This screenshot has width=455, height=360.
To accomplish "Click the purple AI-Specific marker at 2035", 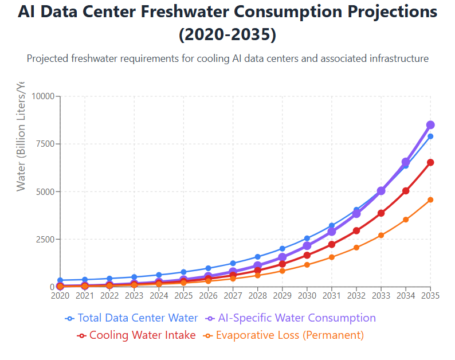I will pyautogui.click(x=430, y=125).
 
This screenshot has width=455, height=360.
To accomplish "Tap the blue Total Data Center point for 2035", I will pyautogui.click(x=430, y=136).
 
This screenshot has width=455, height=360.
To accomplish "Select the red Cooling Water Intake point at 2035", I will pyautogui.click(x=430, y=162).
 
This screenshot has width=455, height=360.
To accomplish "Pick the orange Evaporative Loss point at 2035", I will pyautogui.click(x=430, y=199).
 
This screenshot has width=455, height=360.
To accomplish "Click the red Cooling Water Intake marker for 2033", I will pyautogui.click(x=381, y=213).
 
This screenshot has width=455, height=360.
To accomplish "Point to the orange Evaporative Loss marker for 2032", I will pyautogui.click(x=356, y=248).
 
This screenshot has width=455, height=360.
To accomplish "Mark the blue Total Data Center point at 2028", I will pyautogui.click(x=258, y=257).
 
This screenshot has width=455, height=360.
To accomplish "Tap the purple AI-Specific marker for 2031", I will pyautogui.click(x=332, y=232).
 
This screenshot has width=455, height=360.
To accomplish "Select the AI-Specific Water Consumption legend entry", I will pyautogui.click(x=291, y=318).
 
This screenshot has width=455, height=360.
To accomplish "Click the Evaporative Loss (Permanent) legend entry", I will pyautogui.click(x=284, y=335).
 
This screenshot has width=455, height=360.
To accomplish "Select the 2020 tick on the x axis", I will pyautogui.click(x=60, y=296).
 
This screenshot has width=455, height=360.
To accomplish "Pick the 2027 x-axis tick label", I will pyautogui.click(x=233, y=296).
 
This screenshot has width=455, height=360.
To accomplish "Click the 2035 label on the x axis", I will pyautogui.click(x=430, y=296).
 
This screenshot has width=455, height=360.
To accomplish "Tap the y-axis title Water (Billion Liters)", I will pyautogui.click(x=21, y=138).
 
